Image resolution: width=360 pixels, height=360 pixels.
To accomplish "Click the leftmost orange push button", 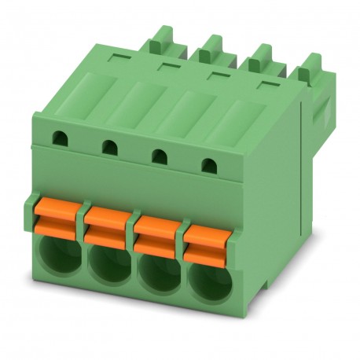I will coord(58,218).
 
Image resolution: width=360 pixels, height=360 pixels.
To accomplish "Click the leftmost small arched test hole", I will coord(59,140).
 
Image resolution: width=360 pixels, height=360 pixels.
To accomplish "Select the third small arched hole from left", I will coord(160,156).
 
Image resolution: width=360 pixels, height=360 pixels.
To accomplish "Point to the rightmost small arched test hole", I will coord(208,166).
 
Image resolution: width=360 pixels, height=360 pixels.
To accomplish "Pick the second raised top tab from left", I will coord(210,49).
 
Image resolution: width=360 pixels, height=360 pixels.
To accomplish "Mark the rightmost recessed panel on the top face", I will coord(239,121).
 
